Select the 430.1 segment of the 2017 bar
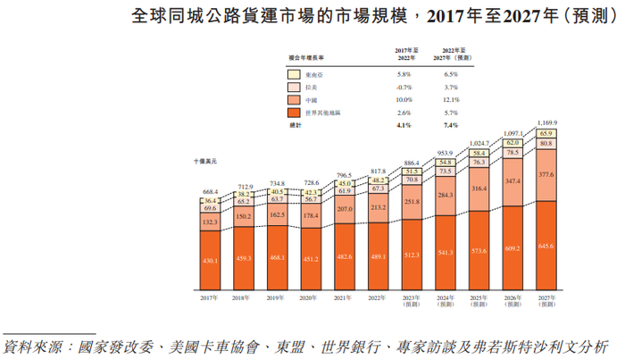pos(211,260)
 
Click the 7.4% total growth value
pos(451,127)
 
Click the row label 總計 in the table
pos(296,127)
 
